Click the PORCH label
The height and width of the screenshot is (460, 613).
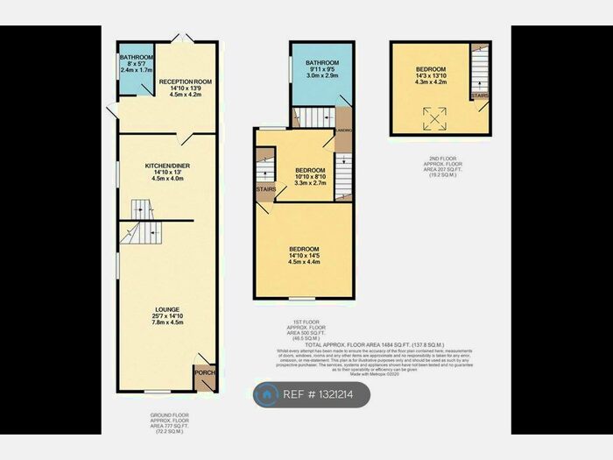204,372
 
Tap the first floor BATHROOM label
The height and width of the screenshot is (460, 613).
316,64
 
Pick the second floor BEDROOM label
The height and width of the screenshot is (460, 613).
431,69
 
